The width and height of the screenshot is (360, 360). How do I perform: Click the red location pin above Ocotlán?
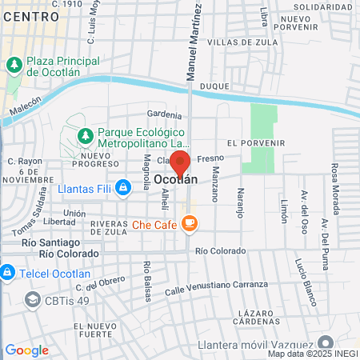(180, 162)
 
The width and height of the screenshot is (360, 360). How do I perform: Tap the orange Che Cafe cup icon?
(190, 225)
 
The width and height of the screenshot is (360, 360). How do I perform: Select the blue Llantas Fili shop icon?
(122, 189)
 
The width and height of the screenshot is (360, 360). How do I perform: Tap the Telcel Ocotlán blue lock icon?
(6, 272)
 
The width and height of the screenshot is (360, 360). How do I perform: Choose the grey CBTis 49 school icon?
(33, 299)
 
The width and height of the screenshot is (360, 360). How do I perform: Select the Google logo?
(26, 350)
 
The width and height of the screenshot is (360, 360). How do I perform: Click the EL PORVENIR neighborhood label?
(256, 142)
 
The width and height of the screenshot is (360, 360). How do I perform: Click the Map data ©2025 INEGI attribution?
(313, 354)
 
